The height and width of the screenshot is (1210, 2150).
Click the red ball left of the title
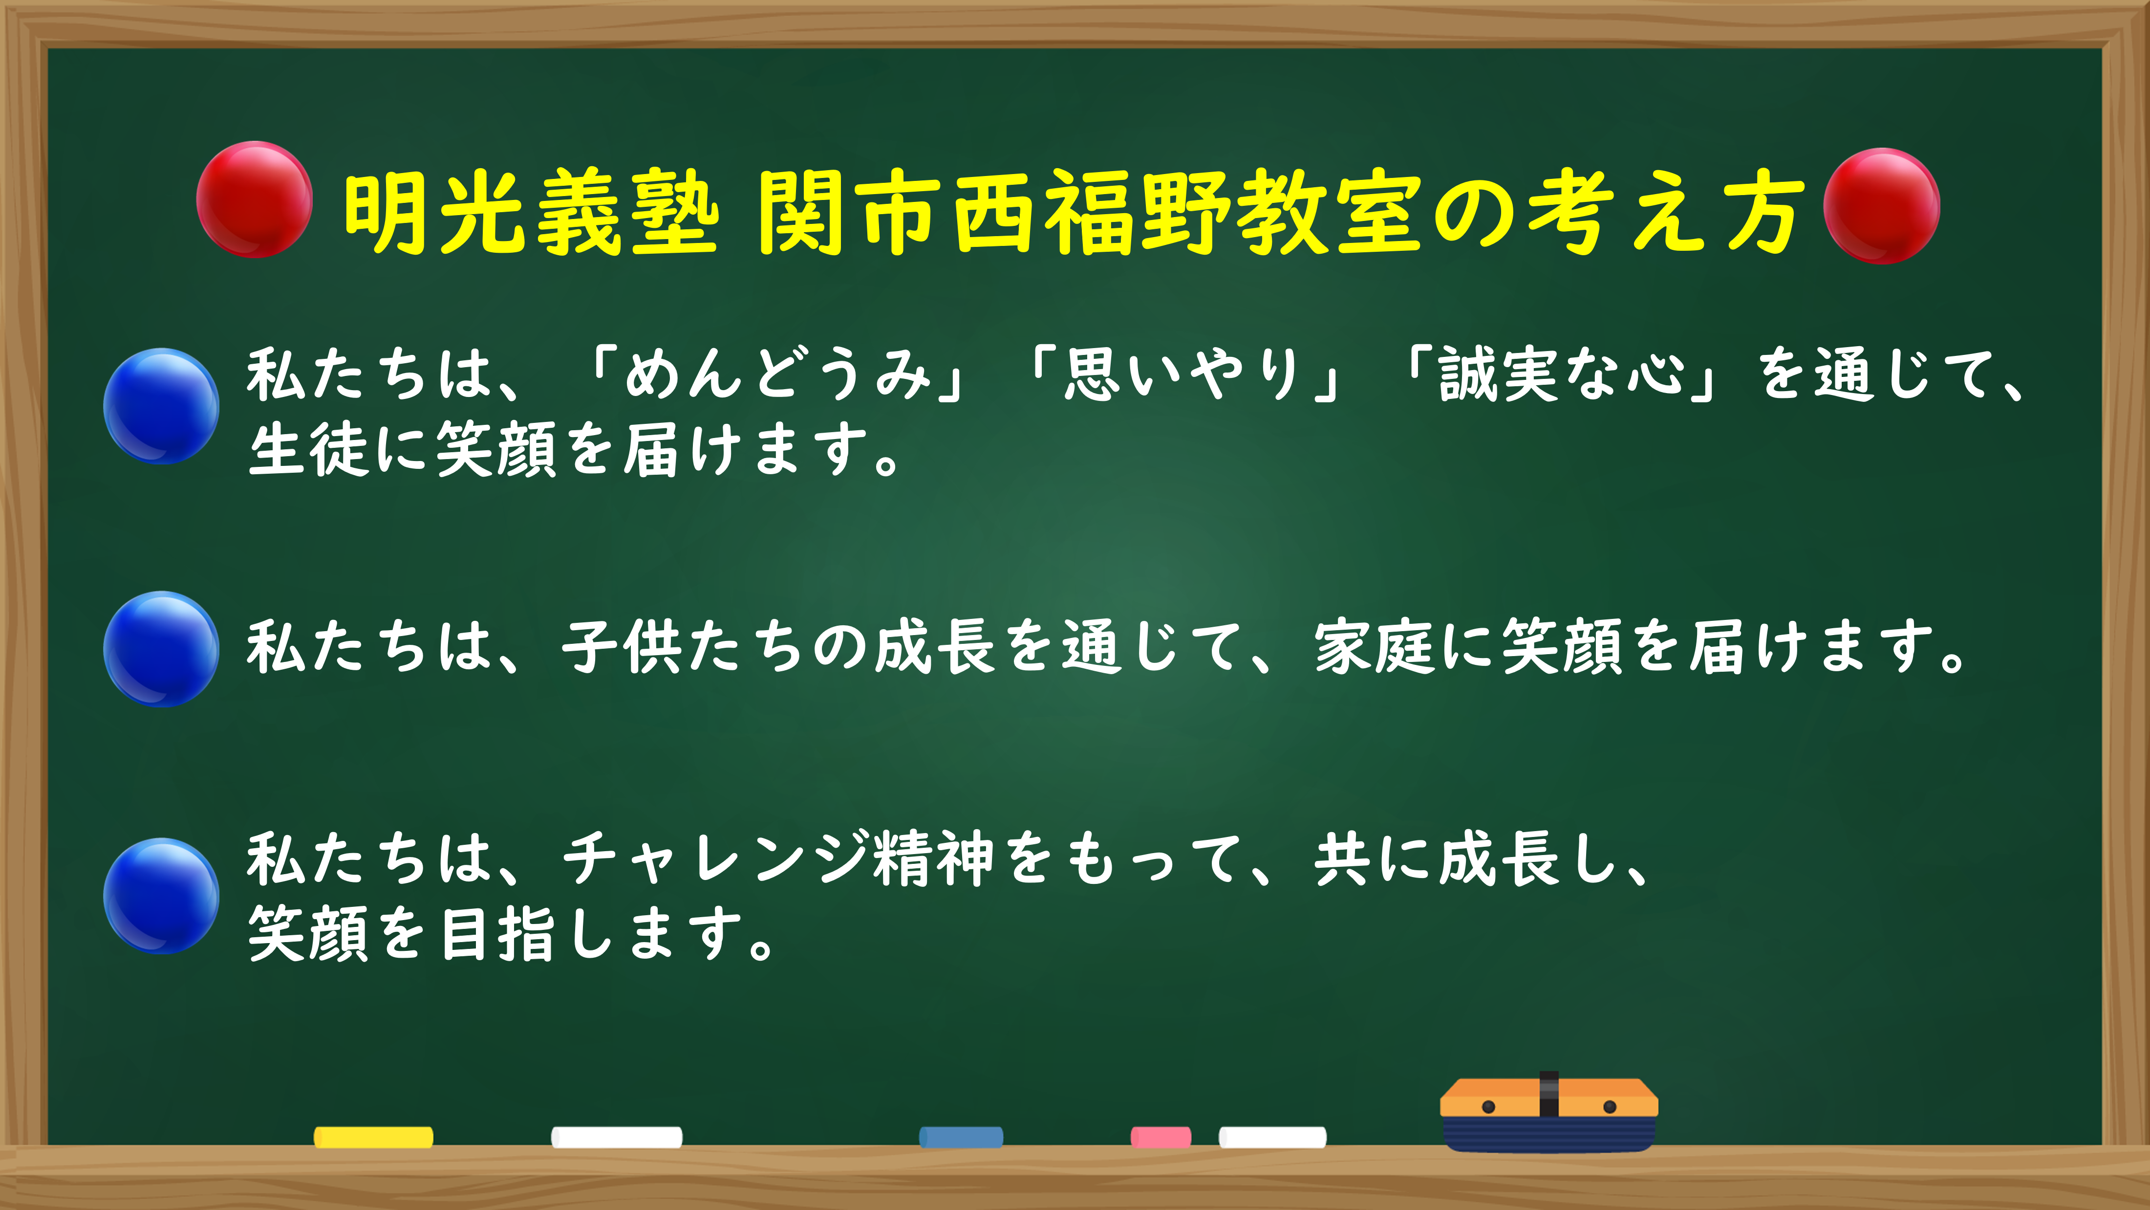tap(255, 199)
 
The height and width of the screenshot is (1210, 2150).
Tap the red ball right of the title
tap(1881, 206)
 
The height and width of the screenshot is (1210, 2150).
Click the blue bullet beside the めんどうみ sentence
tap(161, 406)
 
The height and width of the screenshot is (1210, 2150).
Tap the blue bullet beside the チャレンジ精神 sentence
tap(161, 896)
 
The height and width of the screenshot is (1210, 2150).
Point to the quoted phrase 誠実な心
tap(1561, 374)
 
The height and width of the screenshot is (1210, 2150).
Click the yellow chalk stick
tap(373, 1137)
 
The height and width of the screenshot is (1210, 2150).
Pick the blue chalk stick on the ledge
tap(961, 1137)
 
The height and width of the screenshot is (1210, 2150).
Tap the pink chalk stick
tap(1160, 1137)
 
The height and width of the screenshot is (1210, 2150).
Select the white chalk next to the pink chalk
tap(1272, 1137)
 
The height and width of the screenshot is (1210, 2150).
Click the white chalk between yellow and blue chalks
tap(617, 1137)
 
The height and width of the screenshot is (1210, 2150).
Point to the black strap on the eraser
tap(1548, 1094)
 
